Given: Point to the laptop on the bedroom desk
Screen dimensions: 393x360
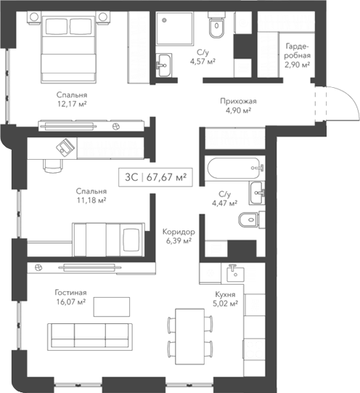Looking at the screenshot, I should click(x=66, y=146).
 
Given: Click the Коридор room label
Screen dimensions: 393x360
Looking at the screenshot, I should click(x=178, y=230).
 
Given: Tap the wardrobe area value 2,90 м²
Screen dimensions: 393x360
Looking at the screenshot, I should click(x=298, y=65).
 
